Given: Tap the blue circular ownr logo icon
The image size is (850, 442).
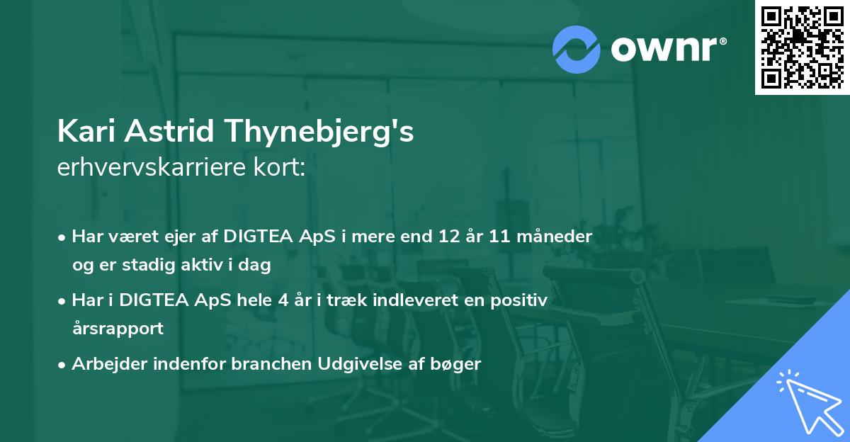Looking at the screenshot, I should [577, 49].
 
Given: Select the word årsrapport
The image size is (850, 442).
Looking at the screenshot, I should [118, 329].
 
